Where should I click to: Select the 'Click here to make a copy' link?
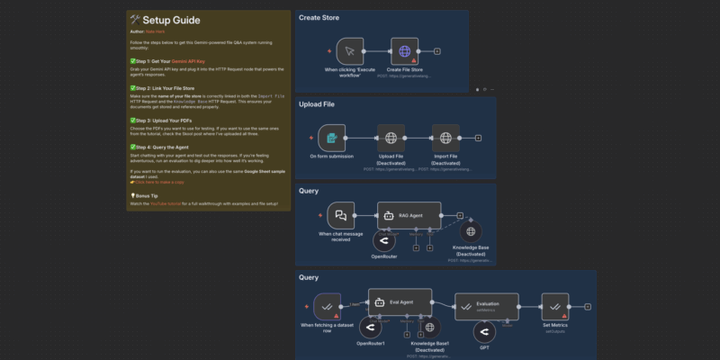[164, 180]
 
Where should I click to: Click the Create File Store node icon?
[406, 51]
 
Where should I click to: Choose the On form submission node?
[332, 139]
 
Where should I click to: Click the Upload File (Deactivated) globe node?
[391, 139]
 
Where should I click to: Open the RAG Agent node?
[409, 216]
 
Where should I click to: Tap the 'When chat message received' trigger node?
[341, 216]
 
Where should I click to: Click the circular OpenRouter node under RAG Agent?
[383, 242]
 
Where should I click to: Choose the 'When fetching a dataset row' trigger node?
[327, 306]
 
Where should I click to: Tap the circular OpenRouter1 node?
[370, 328]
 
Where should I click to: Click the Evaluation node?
[487, 306]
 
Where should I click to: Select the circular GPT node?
[485, 331]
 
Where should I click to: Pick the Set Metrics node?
[553, 306]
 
